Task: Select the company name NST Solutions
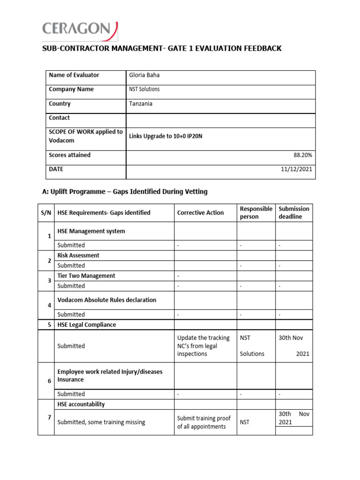[x=144, y=90]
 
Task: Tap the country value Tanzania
[x=141, y=104]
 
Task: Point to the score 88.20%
[x=302, y=155]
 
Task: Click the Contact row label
[x=59, y=118]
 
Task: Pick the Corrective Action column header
[x=200, y=213]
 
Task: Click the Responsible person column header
[x=255, y=213]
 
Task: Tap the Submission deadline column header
[x=294, y=213]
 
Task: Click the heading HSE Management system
[x=91, y=231]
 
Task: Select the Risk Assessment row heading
[x=78, y=255]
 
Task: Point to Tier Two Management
[x=86, y=276]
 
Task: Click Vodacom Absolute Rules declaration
[x=107, y=300]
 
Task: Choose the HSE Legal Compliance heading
[x=87, y=325]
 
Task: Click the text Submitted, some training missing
[x=101, y=422]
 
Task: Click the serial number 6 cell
[x=49, y=381]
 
